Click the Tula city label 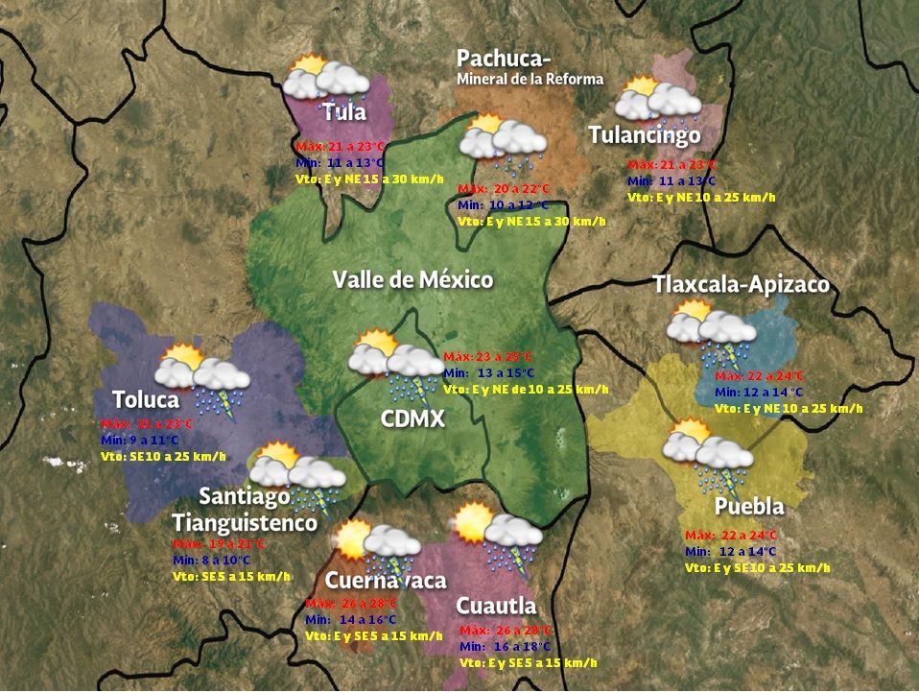(344, 112)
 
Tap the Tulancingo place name (644, 135)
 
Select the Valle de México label (412, 280)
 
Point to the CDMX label (412, 419)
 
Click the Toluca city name (146, 399)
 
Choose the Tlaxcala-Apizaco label (741, 285)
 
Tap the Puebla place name (749, 507)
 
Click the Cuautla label (495, 607)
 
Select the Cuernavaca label (385, 581)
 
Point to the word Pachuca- (504, 59)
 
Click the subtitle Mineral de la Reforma (530, 79)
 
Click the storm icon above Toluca (205, 379)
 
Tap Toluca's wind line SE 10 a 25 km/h (163, 456)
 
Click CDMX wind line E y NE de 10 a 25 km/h (526, 390)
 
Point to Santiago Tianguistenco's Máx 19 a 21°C (218, 543)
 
